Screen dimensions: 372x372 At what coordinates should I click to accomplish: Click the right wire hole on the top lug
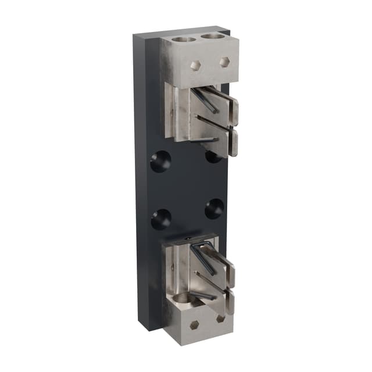click(212, 36)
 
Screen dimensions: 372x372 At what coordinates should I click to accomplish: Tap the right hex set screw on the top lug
click(225, 60)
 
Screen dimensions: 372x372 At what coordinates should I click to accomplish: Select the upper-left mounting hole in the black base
click(160, 161)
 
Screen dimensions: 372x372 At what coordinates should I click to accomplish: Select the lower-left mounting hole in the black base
click(160, 219)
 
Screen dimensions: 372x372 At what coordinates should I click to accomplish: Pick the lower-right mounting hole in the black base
click(214, 208)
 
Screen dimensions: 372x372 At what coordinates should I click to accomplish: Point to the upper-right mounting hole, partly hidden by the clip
click(213, 156)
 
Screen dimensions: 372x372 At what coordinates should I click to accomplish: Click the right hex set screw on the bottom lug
click(221, 319)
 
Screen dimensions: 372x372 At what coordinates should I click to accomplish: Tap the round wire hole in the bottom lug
click(184, 300)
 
